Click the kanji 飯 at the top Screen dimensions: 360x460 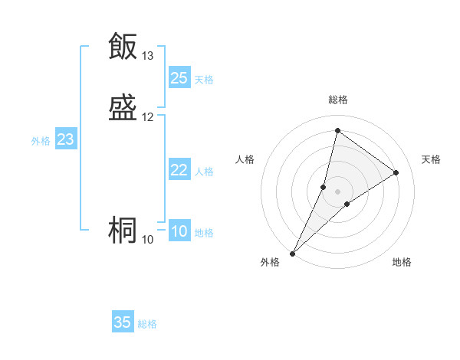[x=123, y=46]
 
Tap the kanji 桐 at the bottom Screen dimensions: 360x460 [x=123, y=231]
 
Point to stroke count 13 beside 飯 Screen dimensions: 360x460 [x=148, y=56]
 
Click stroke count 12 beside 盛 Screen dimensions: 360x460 [x=148, y=117]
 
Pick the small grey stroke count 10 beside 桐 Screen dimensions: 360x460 [x=148, y=240]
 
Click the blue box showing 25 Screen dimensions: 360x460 [x=179, y=78]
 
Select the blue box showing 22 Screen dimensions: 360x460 [x=179, y=170]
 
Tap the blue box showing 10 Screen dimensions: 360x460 [x=179, y=232]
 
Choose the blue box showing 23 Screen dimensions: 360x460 [x=65, y=140]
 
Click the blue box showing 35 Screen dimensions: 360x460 [x=123, y=322]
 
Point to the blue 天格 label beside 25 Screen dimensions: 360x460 [x=204, y=79]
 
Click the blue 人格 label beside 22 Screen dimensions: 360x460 [x=204, y=172]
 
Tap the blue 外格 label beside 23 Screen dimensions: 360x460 [x=41, y=141]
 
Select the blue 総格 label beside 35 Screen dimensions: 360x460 [x=148, y=324]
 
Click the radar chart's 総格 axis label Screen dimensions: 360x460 [x=338, y=100]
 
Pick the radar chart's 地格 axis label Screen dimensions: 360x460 [x=402, y=263]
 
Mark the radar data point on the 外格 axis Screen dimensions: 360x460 [x=292, y=254]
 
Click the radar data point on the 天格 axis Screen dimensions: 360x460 [x=396, y=172]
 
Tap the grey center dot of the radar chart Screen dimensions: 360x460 [x=338, y=191]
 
